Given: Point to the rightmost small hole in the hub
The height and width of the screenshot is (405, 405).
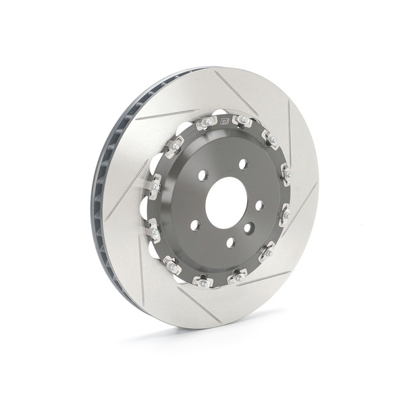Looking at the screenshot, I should point(259,205).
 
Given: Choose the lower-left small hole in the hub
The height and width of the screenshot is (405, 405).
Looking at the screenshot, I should point(194,225).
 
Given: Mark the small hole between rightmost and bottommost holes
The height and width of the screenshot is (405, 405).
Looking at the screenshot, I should point(248,228).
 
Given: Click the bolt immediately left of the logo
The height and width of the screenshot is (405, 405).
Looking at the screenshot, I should point(206,124).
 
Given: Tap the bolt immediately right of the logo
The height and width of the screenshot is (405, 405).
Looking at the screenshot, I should point(242,122).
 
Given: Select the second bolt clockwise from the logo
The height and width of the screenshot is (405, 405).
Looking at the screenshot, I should point(270,140).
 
